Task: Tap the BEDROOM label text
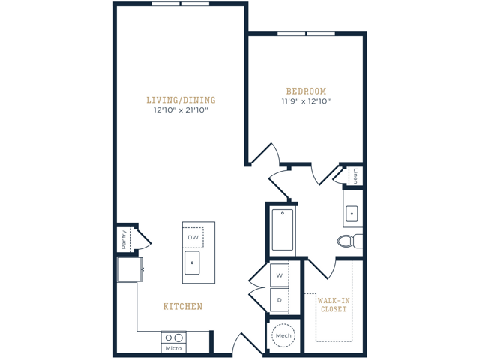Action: coord(305,91)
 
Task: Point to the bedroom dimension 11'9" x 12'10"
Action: coord(305,101)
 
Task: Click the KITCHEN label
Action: coord(183,307)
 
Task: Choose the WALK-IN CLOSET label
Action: coord(334,304)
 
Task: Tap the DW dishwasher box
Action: coord(193,237)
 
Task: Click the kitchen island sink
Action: coord(193,262)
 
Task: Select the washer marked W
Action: coord(279,274)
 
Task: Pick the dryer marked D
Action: coord(279,300)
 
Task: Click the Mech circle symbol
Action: coord(282,334)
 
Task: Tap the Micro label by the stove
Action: coord(174,347)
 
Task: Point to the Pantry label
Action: coord(123,240)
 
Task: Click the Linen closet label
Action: coord(355,175)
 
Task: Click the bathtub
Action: coord(283,229)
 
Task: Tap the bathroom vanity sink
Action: coord(352,214)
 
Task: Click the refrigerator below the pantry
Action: coord(129,269)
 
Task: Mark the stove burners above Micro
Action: coord(174,337)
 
